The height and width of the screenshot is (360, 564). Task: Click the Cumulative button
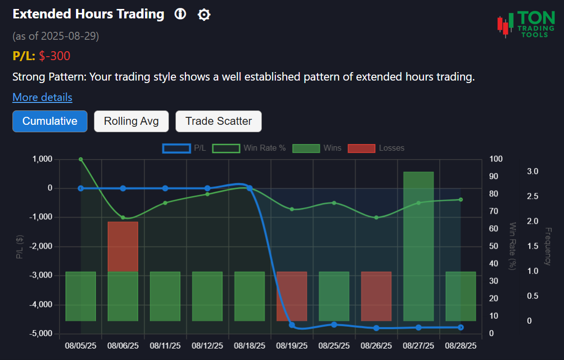tap(50, 121)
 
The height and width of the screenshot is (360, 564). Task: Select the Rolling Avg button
tap(131, 121)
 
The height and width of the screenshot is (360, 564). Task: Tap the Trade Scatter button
tap(218, 121)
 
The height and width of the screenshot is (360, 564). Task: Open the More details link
tap(42, 97)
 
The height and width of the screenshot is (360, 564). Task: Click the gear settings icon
tap(204, 15)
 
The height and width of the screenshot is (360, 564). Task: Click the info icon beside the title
tap(180, 14)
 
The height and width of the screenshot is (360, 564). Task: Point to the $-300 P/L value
tap(55, 56)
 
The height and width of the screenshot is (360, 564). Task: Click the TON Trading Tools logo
tap(526, 24)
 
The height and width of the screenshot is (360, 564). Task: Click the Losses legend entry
tap(376, 148)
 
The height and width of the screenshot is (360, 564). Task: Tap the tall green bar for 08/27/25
tap(418, 246)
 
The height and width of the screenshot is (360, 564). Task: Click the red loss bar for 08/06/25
tap(123, 247)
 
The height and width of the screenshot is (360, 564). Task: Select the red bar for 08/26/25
tap(376, 296)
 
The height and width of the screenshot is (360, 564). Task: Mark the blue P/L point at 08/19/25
tap(292, 325)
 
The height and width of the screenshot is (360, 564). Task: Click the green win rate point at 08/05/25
tap(81, 159)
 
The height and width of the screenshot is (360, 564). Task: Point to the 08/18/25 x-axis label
tap(249, 345)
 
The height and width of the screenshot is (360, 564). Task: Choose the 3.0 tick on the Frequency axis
tap(533, 172)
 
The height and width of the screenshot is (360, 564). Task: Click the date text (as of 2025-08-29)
tap(56, 36)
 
